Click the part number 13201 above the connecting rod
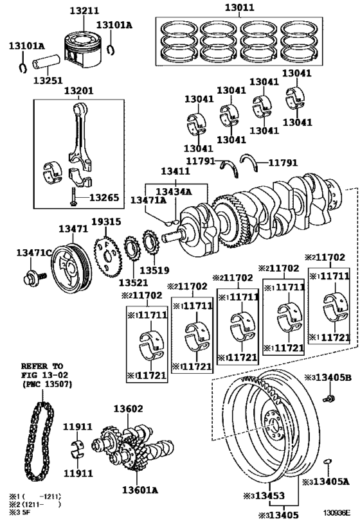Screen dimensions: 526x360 click(76, 91)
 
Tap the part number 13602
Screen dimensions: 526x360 click(129, 408)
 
